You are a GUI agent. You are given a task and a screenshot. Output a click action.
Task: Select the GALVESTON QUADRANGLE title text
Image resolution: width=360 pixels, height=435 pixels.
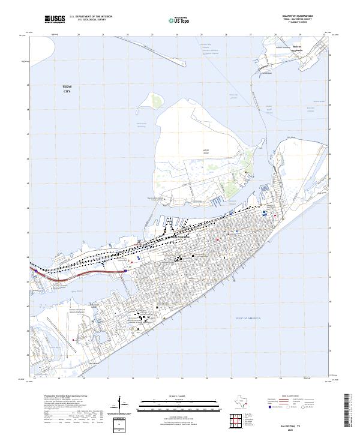304,16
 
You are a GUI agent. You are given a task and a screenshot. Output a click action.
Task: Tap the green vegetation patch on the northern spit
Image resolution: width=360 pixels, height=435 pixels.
158,100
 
